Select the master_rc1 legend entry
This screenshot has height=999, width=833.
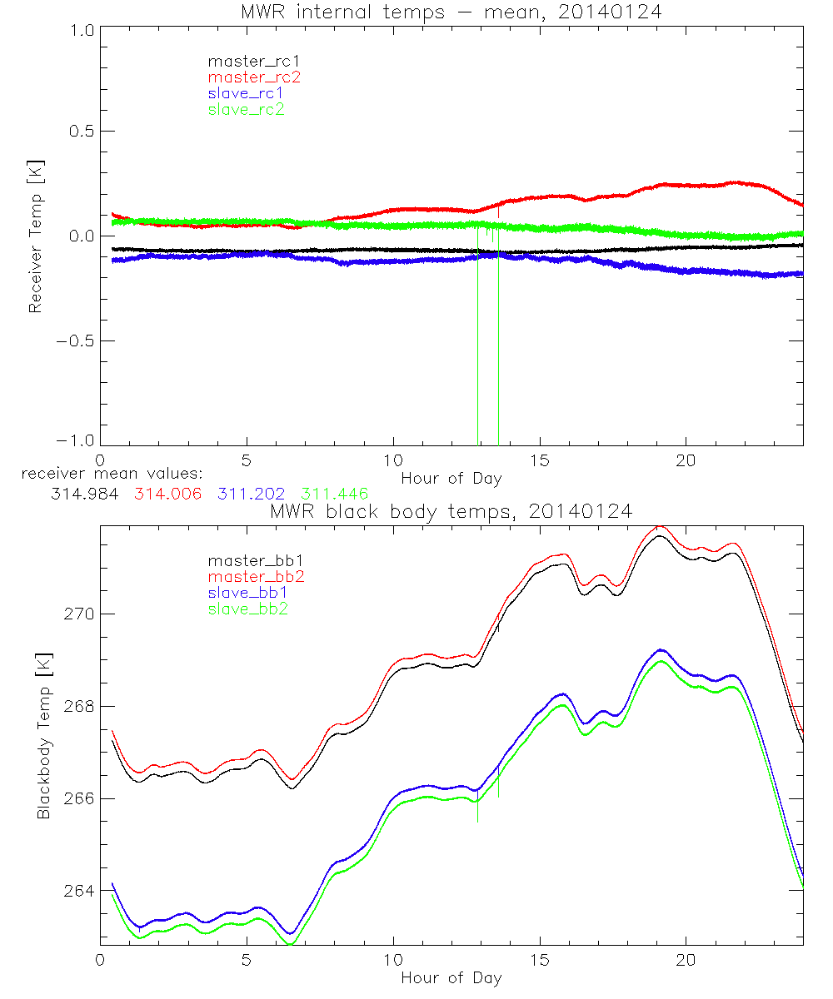click(x=246, y=61)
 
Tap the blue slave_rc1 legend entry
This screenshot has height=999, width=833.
click(x=246, y=93)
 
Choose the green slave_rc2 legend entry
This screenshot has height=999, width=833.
click(x=246, y=109)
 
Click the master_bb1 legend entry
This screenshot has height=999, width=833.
click(x=249, y=561)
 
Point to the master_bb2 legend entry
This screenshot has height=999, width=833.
click(x=257, y=577)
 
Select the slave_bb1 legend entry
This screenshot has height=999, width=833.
click(x=249, y=594)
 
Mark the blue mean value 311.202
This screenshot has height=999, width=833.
click(x=250, y=494)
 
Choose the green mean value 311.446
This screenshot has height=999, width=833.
click(x=333, y=494)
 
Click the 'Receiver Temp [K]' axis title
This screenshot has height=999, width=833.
click(x=35, y=236)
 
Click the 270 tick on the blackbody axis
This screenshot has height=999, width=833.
click(x=80, y=614)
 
